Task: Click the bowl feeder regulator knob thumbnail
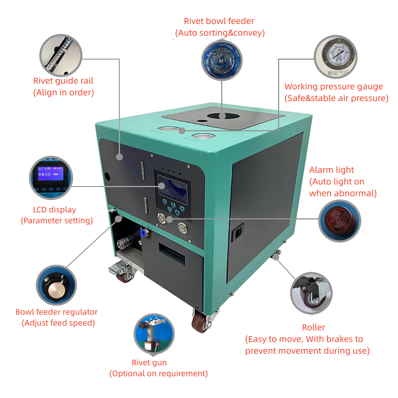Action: (x=56, y=285)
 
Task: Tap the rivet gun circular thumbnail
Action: (x=155, y=334)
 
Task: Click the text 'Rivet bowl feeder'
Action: (x=219, y=22)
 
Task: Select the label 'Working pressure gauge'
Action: (x=333, y=87)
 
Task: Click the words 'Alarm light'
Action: (x=331, y=170)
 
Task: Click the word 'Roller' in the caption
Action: (x=313, y=327)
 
